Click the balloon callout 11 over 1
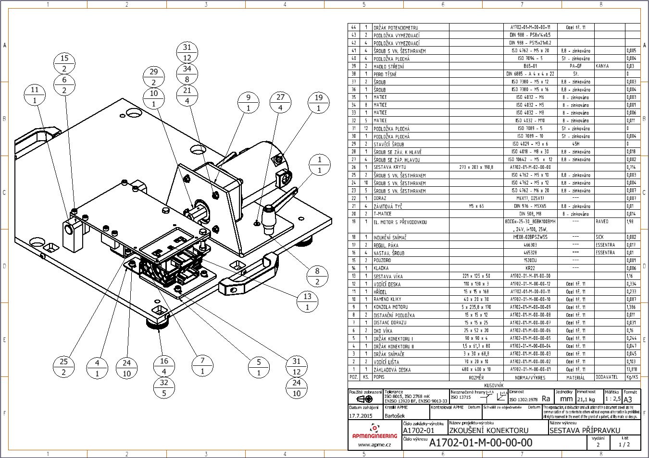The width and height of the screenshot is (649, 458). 35,95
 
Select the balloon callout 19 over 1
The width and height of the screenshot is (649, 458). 318,103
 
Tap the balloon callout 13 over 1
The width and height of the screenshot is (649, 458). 308,301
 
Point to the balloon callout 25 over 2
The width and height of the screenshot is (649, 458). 64,367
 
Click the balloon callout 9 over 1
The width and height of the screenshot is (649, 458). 249,103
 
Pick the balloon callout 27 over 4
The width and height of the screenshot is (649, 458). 280,103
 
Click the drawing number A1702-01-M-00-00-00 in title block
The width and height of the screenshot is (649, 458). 480,443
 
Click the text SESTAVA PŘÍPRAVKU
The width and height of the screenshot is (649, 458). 585,431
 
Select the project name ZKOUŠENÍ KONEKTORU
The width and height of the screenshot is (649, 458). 489,431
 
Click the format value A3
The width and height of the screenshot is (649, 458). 628,399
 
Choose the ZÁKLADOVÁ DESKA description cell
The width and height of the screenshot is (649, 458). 392,370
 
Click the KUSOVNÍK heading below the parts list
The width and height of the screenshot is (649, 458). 494,385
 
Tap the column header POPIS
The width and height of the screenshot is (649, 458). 379,377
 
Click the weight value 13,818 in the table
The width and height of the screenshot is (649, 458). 632,370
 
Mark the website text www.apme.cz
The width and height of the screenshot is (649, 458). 374,445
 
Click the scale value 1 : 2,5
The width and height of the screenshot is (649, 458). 612,399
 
